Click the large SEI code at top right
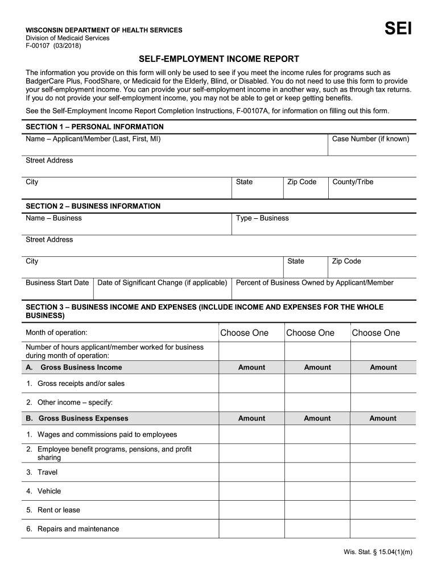coord(398,29)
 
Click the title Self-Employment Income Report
coord(219,59)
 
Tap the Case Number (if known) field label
coord(370,139)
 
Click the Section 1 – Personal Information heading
coord(94,127)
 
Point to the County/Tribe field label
coord(353,182)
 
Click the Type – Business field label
coord(262,218)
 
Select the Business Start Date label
coord(57,282)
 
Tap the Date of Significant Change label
coord(162,282)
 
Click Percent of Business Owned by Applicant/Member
coord(315,282)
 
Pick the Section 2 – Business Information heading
coord(93,206)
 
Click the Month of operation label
coord(56,332)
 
